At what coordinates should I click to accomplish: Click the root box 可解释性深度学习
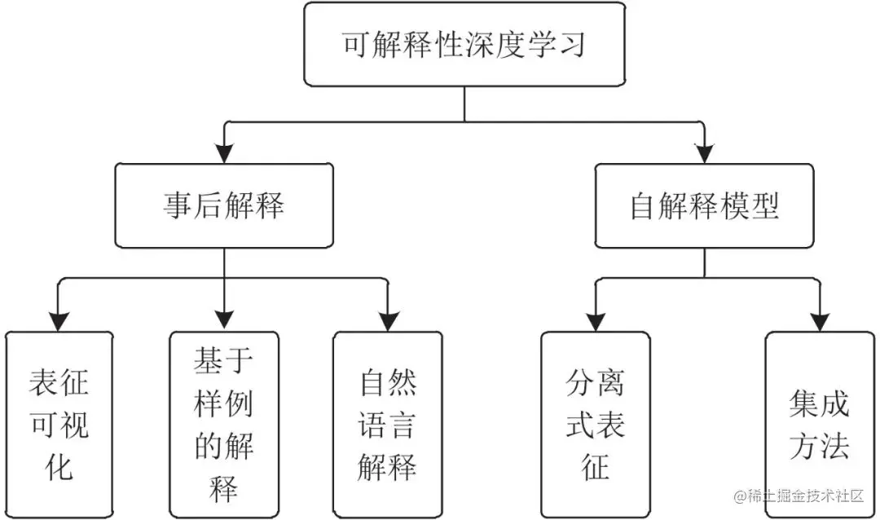[x=464, y=45]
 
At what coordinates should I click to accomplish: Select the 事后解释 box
[x=223, y=205]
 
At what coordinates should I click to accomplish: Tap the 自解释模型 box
[x=704, y=205]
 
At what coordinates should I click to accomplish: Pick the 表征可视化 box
[x=59, y=424]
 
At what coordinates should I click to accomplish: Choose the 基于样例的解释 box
[x=223, y=424]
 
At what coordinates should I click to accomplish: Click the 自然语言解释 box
[x=388, y=424]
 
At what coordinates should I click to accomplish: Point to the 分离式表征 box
[x=596, y=424]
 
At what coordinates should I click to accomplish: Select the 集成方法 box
[x=819, y=424]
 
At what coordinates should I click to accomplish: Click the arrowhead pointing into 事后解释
[x=223, y=153]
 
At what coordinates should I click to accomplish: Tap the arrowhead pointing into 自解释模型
[x=704, y=153]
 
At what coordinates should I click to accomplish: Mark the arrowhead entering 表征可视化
[x=59, y=320]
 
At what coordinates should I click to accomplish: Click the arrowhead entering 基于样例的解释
[x=223, y=320]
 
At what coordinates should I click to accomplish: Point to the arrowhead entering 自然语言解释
[x=388, y=320]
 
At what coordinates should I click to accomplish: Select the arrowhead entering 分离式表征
[x=596, y=320]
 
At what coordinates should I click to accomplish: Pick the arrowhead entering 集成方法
[x=819, y=320]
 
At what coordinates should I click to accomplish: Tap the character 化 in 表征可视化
[x=59, y=466]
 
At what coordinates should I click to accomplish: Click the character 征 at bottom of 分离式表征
[x=596, y=466]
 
